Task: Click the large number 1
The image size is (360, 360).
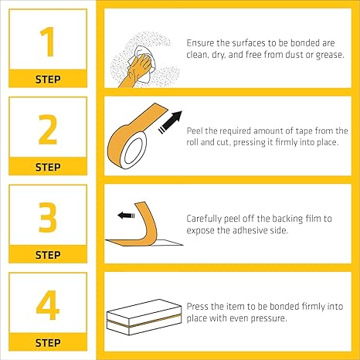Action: coord(47,43)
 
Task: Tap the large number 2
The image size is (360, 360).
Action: coord(47,131)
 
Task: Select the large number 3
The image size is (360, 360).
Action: coord(47,219)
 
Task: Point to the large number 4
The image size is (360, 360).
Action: coord(47,306)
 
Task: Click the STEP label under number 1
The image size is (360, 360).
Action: coord(47,79)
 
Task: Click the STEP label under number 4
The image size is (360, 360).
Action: coord(47,341)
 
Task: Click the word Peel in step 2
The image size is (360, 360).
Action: coord(196,131)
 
